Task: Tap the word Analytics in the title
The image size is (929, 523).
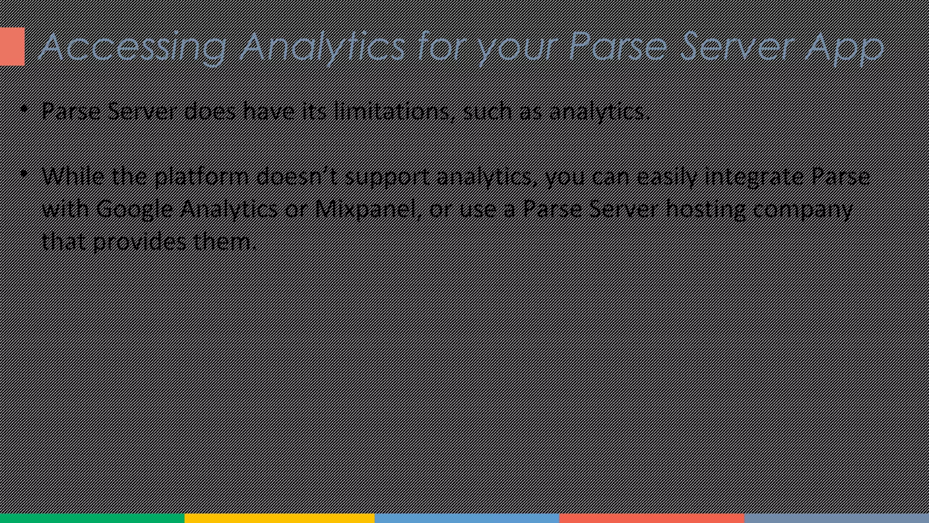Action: pyautogui.click(x=322, y=47)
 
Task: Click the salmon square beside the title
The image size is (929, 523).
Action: pyautogui.click(x=12, y=46)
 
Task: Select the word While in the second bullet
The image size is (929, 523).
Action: pyautogui.click(x=73, y=176)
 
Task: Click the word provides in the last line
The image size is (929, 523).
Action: pyautogui.click(x=139, y=242)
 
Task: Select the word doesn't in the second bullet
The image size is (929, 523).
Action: pyautogui.click(x=297, y=176)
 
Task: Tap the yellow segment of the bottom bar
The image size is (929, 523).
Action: pyautogui.click(x=279, y=518)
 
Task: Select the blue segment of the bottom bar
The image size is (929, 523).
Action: pyautogui.click(x=467, y=518)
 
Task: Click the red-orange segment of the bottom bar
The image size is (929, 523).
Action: pyautogui.click(x=652, y=518)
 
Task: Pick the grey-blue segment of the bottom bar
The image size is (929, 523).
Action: pyautogui.click(x=836, y=518)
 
